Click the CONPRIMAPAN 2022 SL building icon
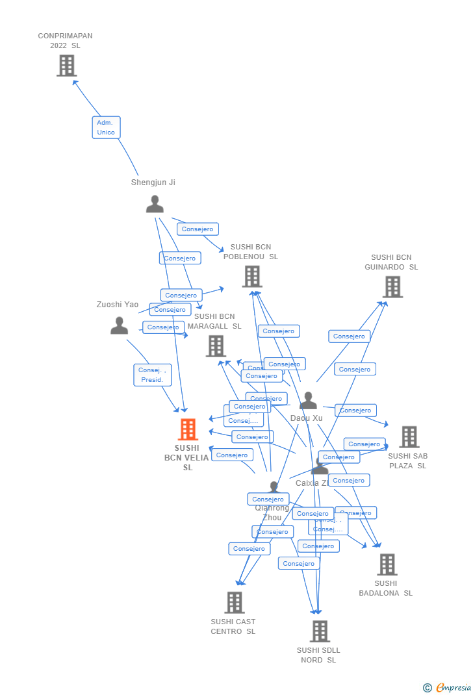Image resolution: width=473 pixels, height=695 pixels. click(66, 66)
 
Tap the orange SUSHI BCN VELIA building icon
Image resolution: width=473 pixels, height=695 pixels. click(188, 429)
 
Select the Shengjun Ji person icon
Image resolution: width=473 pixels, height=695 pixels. click(155, 204)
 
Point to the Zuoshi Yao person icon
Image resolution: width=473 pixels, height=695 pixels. click(119, 325)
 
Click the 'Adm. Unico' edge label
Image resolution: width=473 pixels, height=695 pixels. click(106, 127)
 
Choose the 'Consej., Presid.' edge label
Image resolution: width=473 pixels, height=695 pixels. click(153, 375)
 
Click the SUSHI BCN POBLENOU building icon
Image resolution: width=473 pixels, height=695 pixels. click(251, 277)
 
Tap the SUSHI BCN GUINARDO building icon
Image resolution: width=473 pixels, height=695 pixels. click(392, 287)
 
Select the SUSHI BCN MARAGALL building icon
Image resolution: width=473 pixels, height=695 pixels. click(216, 346)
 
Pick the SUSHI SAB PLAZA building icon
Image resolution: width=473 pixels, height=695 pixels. click(409, 437)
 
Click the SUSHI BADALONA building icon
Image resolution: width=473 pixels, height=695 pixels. click(387, 564)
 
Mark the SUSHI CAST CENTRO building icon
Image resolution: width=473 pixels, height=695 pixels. click(234, 603)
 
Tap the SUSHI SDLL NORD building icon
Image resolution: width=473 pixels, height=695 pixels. click(319, 631)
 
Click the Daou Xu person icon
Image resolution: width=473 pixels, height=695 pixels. click(308, 401)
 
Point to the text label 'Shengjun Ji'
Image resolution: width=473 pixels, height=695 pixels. click(153, 183)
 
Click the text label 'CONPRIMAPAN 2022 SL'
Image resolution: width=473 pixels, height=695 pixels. click(65, 41)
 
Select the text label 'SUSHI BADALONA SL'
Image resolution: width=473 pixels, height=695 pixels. click(385, 588)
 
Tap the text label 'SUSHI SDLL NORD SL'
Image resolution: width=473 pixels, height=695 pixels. click(318, 655)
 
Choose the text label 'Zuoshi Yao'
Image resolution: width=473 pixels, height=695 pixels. click(118, 305)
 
